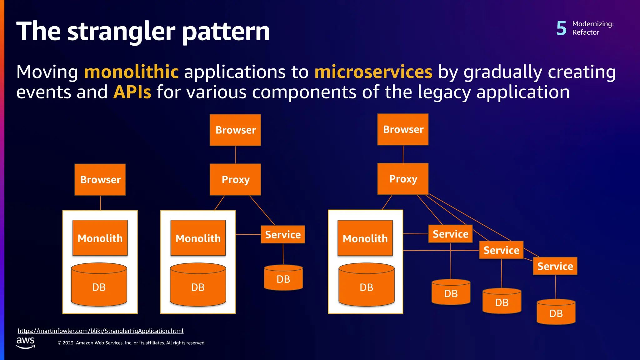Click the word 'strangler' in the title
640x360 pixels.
coord(121,32)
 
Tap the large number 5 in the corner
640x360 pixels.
coord(561,28)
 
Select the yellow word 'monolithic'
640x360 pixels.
coord(131,72)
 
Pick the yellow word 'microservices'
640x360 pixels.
coord(373,72)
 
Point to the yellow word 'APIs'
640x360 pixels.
coord(132,92)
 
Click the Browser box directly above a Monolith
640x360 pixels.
coord(100,180)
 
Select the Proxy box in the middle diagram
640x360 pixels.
coord(235,180)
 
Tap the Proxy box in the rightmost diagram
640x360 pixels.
coord(403,179)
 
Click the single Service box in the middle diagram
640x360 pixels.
coord(283,234)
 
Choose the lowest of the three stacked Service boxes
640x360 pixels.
coord(555,266)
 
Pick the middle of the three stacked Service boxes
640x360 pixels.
coord(501,250)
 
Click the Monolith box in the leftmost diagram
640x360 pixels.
coord(100,238)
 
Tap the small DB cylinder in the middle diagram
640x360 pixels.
coord(283,278)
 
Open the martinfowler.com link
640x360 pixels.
coord(100,331)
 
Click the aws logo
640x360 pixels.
coord(26,342)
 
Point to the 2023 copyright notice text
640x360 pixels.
coord(131,343)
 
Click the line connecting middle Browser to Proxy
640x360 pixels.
coord(236,155)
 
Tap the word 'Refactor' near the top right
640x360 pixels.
coord(586,32)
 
